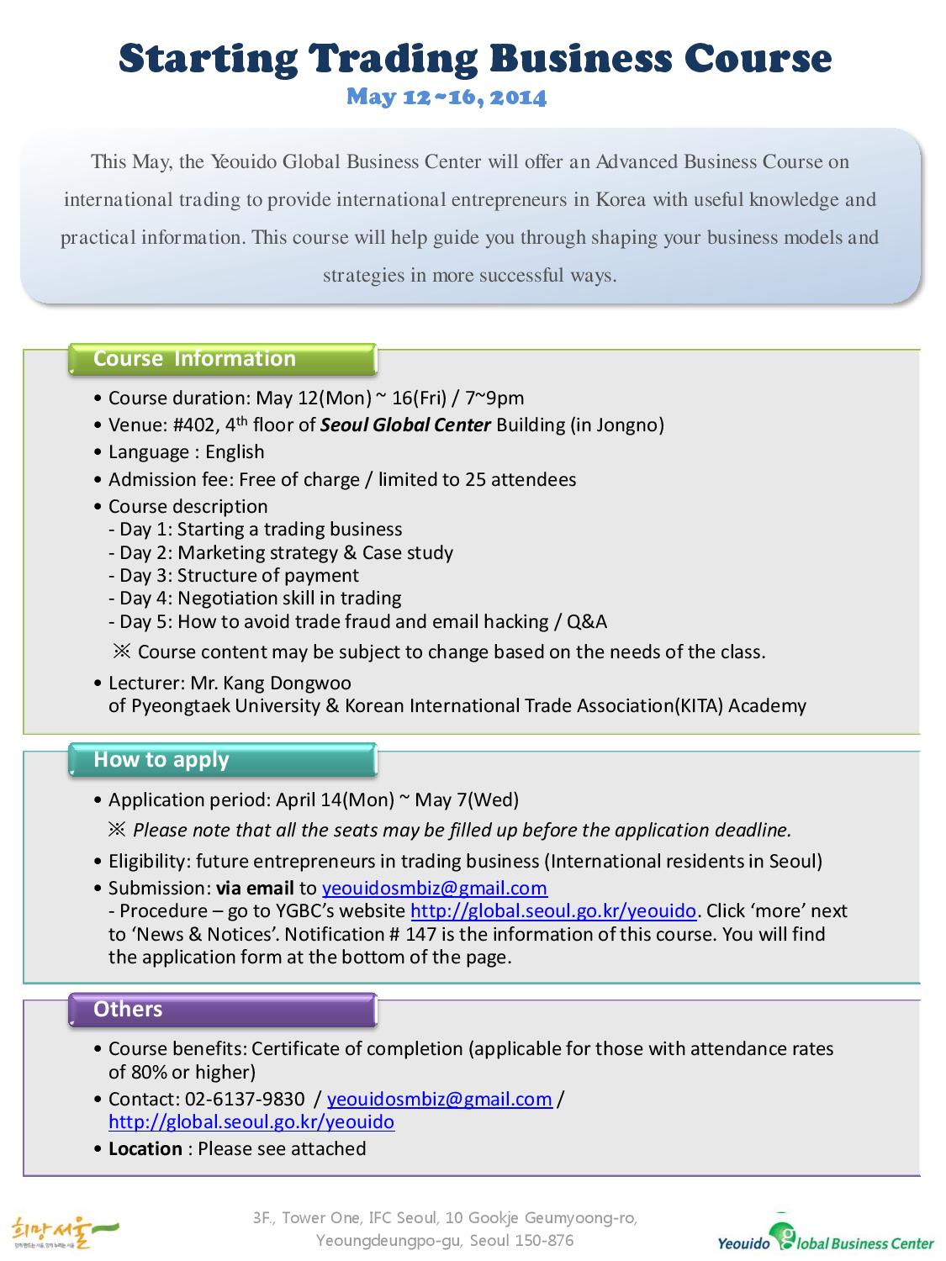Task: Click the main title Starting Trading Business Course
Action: coord(475,59)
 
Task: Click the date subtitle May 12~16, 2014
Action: coord(447,98)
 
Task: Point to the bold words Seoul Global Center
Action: coord(405,425)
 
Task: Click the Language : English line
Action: coord(186,452)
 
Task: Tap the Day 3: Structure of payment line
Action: coord(234,576)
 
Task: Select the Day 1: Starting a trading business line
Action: coord(256,530)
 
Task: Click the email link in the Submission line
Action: coord(434,889)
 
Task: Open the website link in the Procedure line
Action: coord(552,911)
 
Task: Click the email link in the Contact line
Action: coord(439,1100)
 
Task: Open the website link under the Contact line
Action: coord(251,1122)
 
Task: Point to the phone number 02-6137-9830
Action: coord(245,1100)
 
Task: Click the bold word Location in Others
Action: coord(145,1149)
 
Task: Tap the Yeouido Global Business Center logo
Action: coord(825,1235)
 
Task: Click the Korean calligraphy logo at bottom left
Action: coord(64,1233)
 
